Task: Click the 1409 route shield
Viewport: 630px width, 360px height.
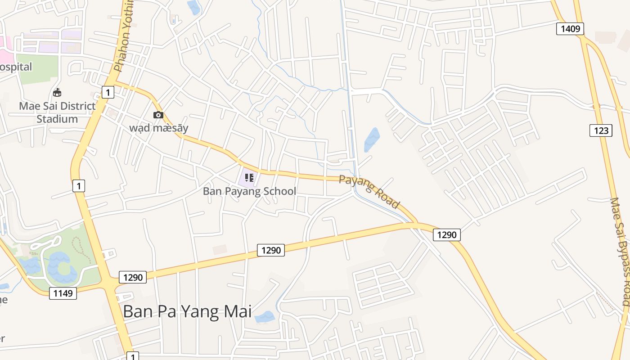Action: pyautogui.click(x=570, y=29)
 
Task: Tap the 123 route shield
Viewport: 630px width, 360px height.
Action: pyautogui.click(x=601, y=130)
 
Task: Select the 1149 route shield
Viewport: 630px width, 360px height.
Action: pyautogui.click(x=63, y=293)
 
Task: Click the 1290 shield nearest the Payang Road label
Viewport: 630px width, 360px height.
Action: pyautogui.click(x=447, y=234)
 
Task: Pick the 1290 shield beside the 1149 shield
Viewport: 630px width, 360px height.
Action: pyautogui.click(x=133, y=277)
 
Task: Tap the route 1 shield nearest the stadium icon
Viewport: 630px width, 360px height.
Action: pyautogui.click(x=108, y=93)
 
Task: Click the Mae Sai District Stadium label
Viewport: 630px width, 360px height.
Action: pyautogui.click(x=57, y=112)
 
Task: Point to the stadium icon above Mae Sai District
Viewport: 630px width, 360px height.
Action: pyautogui.click(x=57, y=93)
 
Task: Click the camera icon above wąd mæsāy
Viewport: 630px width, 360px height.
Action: pyautogui.click(x=158, y=115)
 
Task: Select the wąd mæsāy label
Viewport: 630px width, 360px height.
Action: pyautogui.click(x=159, y=128)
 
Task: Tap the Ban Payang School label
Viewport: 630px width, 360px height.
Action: pyautogui.click(x=249, y=191)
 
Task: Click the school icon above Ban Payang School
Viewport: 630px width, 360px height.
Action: pyautogui.click(x=249, y=178)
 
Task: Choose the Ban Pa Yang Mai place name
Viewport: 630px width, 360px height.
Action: pyautogui.click(x=187, y=311)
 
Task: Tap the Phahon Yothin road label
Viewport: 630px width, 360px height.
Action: pyautogui.click(x=124, y=36)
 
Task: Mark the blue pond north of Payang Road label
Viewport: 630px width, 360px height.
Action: pyautogui.click(x=372, y=139)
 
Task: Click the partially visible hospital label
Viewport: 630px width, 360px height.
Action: pyautogui.click(x=16, y=67)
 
